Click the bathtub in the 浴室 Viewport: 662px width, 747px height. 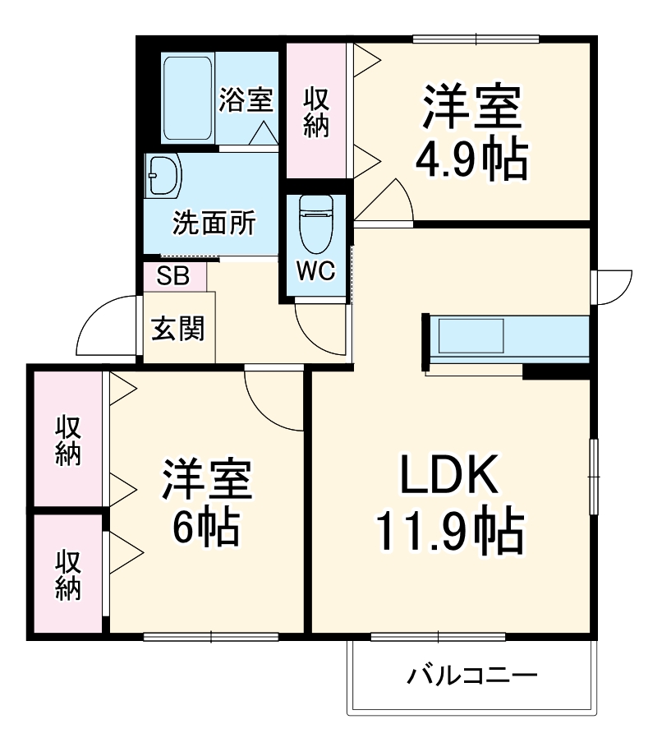(x=188, y=97)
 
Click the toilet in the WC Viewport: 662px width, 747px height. (x=316, y=224)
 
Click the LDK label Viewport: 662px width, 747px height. (x=448, y=475)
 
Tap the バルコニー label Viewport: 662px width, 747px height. (x=472, y=676)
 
